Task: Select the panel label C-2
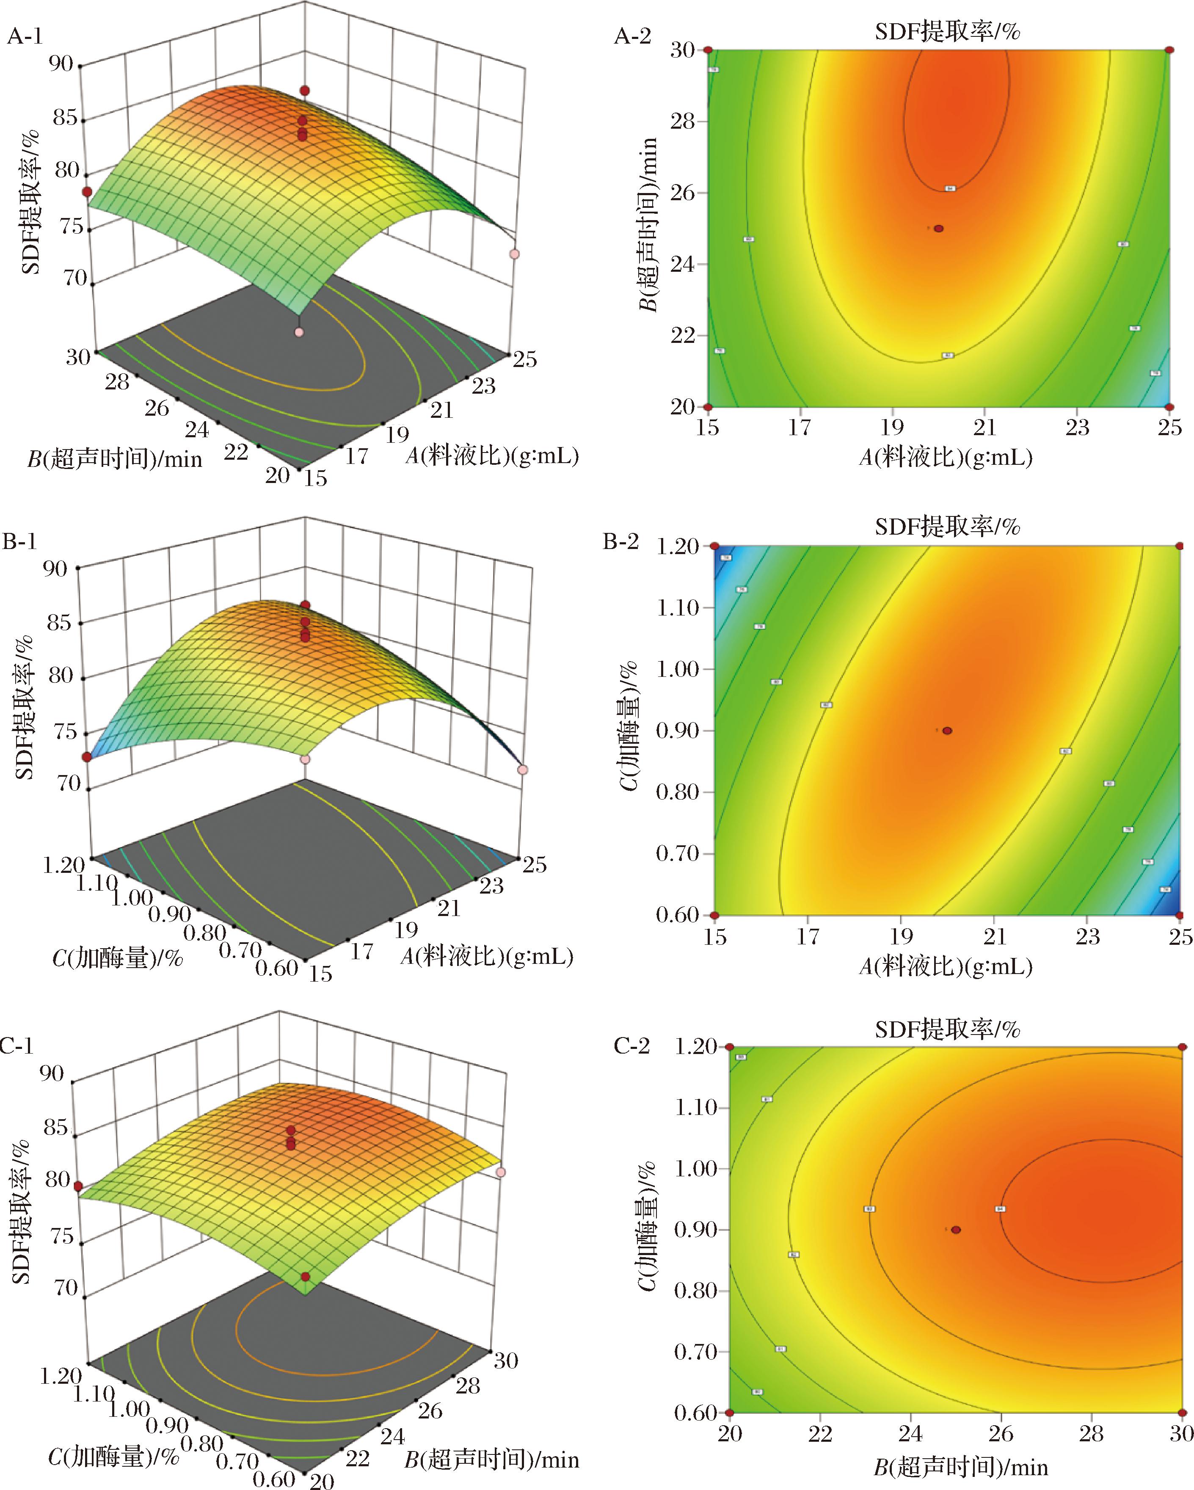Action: pyautogui.click(x=631, y=1046)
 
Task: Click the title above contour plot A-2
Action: pyautogui.click(x=947, y=32)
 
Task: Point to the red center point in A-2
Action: pyautogui.click(x=938, y=229)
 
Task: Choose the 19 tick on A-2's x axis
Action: pyautogui.click(x=893, y=428)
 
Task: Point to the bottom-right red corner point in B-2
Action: pyautogui.click(x=1180, y=915)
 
